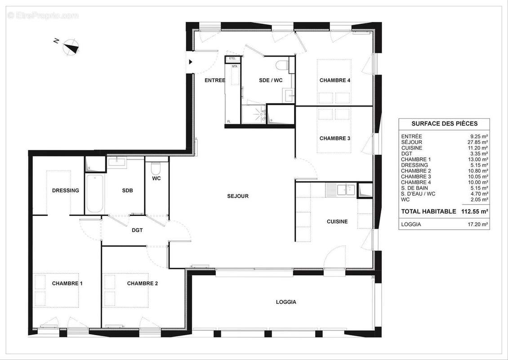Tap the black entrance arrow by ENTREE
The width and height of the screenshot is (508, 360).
191,62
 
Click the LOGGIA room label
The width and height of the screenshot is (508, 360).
286,302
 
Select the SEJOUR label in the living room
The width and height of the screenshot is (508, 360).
238,196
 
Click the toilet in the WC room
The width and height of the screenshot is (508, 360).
156,169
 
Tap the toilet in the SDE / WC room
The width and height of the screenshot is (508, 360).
282,66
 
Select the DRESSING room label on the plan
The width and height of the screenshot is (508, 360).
66,190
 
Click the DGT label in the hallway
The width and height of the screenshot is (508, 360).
137,230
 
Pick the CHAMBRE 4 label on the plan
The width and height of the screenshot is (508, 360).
335,80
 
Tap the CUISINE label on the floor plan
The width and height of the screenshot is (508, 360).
337,221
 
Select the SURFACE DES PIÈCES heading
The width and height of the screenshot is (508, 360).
444,124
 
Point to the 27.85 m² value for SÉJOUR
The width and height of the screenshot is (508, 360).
478,142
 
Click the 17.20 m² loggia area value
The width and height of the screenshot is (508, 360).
478,224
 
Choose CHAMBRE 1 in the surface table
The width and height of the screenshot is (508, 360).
416,159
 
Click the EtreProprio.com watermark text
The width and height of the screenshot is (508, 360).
43,16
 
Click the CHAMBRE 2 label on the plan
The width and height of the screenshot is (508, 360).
143,283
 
